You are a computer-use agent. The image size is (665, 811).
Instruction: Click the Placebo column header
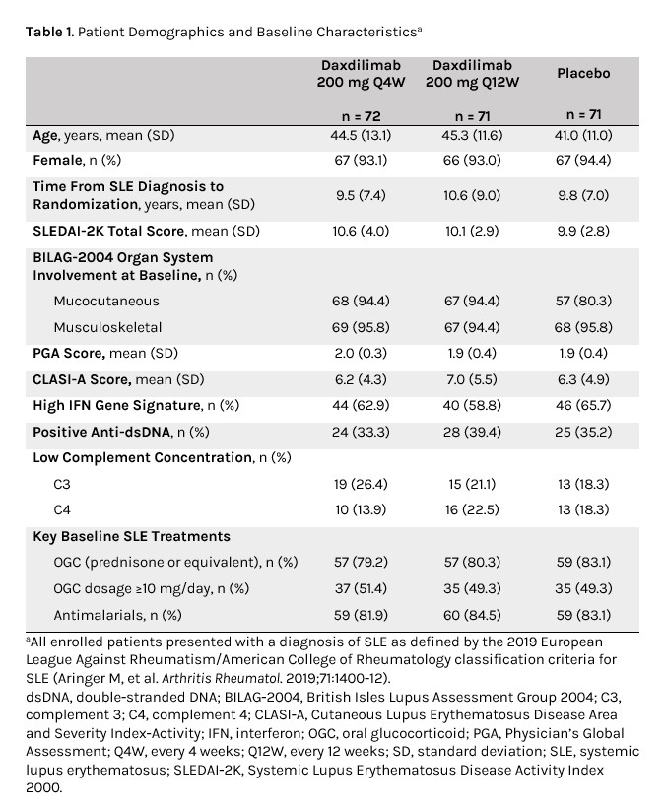pyautogui.click(x=583, y=73)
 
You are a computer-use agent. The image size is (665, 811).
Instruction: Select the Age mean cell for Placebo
pyautogui.click(x=583, y=135)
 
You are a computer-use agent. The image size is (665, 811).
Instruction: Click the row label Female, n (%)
pyautogui.click(x=91, y=160)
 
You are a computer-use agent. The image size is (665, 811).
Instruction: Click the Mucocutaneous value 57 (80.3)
pyautogui.click(x=583, y=301)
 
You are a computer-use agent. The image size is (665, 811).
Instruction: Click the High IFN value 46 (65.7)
pyautogui.click(x=583, y=405)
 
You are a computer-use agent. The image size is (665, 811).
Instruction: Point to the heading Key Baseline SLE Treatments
pyautogui.click(x=131, y=536)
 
